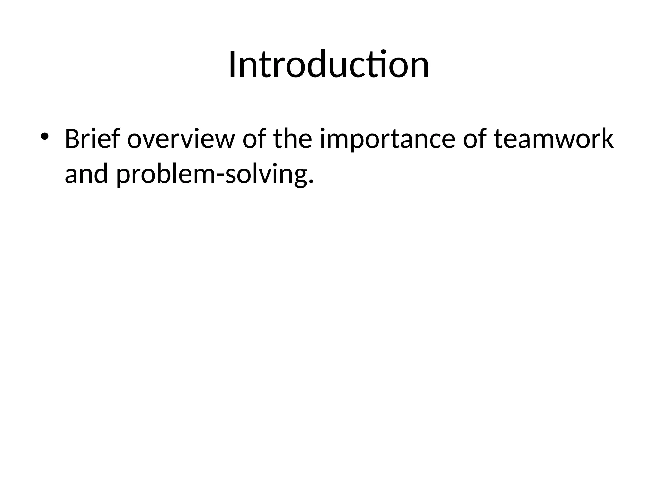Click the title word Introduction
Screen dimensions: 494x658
329,65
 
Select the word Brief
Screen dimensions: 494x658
93,139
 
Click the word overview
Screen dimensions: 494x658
180,139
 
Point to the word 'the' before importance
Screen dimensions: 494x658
293,139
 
